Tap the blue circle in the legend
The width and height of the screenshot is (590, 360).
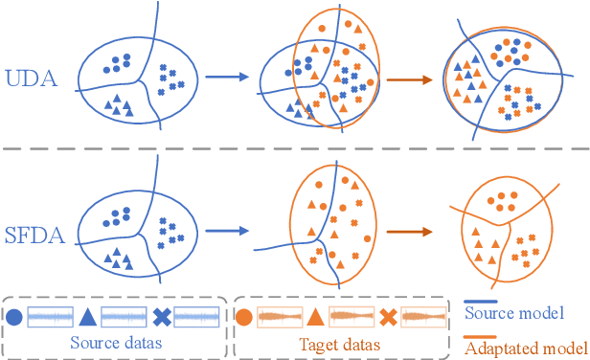pyautogui.click(x=15, y=317)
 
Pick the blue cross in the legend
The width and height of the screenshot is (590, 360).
pyautogui.click(x=161, y=317)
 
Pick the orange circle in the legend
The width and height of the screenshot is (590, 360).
pyautogui.click(x=244, y=317)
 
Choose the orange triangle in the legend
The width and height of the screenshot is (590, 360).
pyautogui.click(x=315, y=317)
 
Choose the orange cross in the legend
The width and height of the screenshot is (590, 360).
pyautogui.click(x=388, y=317)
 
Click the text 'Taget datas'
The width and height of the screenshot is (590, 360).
pyautogui.click(x=340, y=343)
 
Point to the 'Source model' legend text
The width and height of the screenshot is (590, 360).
pyautogui.click(x=513, y=312)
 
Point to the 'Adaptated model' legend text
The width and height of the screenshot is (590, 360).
pyautogui.click(x=523, y=347)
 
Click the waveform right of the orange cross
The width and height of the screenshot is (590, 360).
pyautogui.click(x=423, y=317)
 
